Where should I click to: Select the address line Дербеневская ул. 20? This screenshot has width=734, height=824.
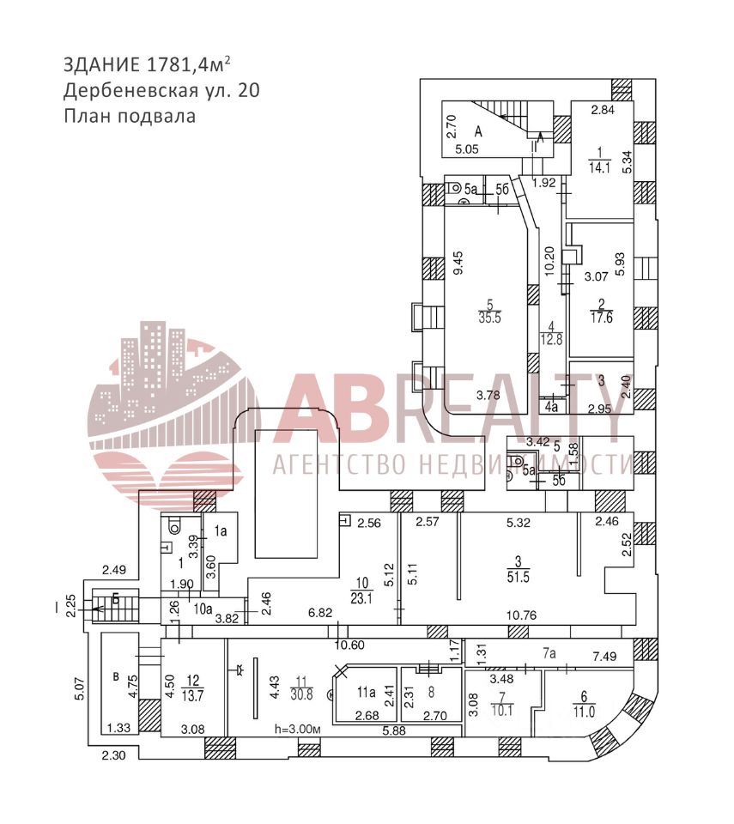click(x=161, y=90)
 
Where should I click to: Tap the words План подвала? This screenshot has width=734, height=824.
click(x=130, y=115)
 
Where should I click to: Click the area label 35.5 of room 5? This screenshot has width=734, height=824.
click(x=489, y=316)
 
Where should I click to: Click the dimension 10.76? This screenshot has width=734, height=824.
click(x=521, y=614)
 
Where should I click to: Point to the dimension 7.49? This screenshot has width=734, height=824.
click(x=605, y=657)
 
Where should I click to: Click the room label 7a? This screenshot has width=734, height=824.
click(x=549, y=653)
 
